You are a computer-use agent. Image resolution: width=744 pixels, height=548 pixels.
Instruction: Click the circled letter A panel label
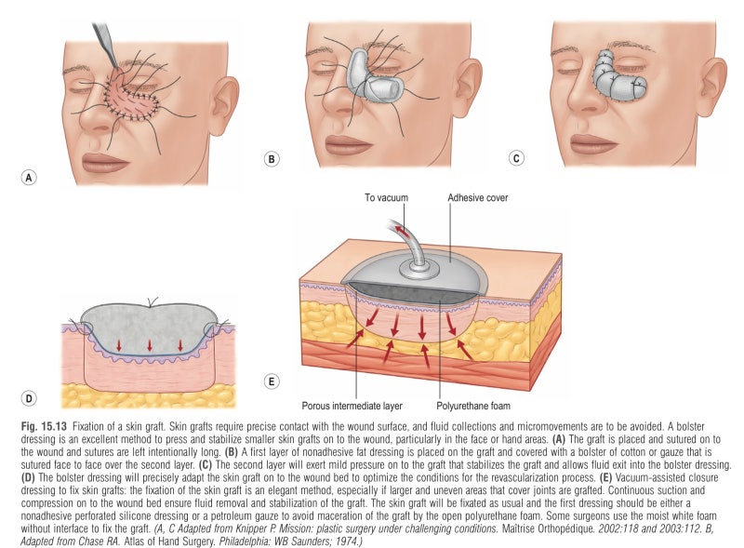tap(29, 178)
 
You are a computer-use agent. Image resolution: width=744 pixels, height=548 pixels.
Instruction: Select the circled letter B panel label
tap(272, 158)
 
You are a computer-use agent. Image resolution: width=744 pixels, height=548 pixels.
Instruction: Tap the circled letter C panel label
tap(516, 158)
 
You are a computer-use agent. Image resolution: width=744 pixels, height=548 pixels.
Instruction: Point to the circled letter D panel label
tap(29, 398)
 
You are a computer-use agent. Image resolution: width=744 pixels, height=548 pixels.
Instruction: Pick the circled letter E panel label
tap(272, 381)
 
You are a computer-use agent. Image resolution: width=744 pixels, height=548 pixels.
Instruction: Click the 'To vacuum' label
tap(386, 197)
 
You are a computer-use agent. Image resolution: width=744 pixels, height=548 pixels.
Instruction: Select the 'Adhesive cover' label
tap(478, 197)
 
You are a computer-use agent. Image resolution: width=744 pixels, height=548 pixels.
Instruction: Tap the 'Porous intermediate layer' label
tap(352, 406)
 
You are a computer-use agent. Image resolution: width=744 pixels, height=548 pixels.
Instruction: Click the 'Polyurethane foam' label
tap(473, 406)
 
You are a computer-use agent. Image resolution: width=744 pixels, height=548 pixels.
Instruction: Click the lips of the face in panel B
tap(346, 143)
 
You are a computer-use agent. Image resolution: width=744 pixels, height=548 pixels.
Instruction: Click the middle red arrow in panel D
tap(150, 345)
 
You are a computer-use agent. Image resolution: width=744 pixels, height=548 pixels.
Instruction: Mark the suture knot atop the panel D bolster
tap(152, 302)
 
